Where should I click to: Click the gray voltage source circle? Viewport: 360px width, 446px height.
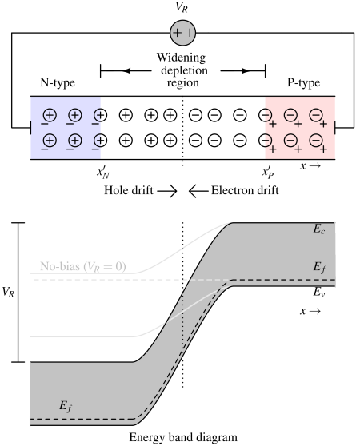(182, 34)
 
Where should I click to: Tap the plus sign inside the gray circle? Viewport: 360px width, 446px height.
(177, 34)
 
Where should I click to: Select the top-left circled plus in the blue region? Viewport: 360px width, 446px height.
(49, 116)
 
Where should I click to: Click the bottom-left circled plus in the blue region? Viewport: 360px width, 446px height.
(49, 140)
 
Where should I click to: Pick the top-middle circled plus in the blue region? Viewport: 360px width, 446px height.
(74, 116)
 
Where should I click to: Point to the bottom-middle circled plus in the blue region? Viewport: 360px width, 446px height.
(74, 140)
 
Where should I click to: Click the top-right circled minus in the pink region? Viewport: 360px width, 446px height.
(316, 116)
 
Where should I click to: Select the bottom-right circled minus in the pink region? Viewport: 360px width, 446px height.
(316, 140)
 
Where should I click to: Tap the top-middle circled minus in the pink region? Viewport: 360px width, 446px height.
(291, 116)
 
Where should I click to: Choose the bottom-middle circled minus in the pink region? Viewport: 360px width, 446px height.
(291, 140)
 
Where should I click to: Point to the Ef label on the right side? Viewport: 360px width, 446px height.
(319, 267)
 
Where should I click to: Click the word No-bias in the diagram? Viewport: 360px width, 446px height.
(60, 266)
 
